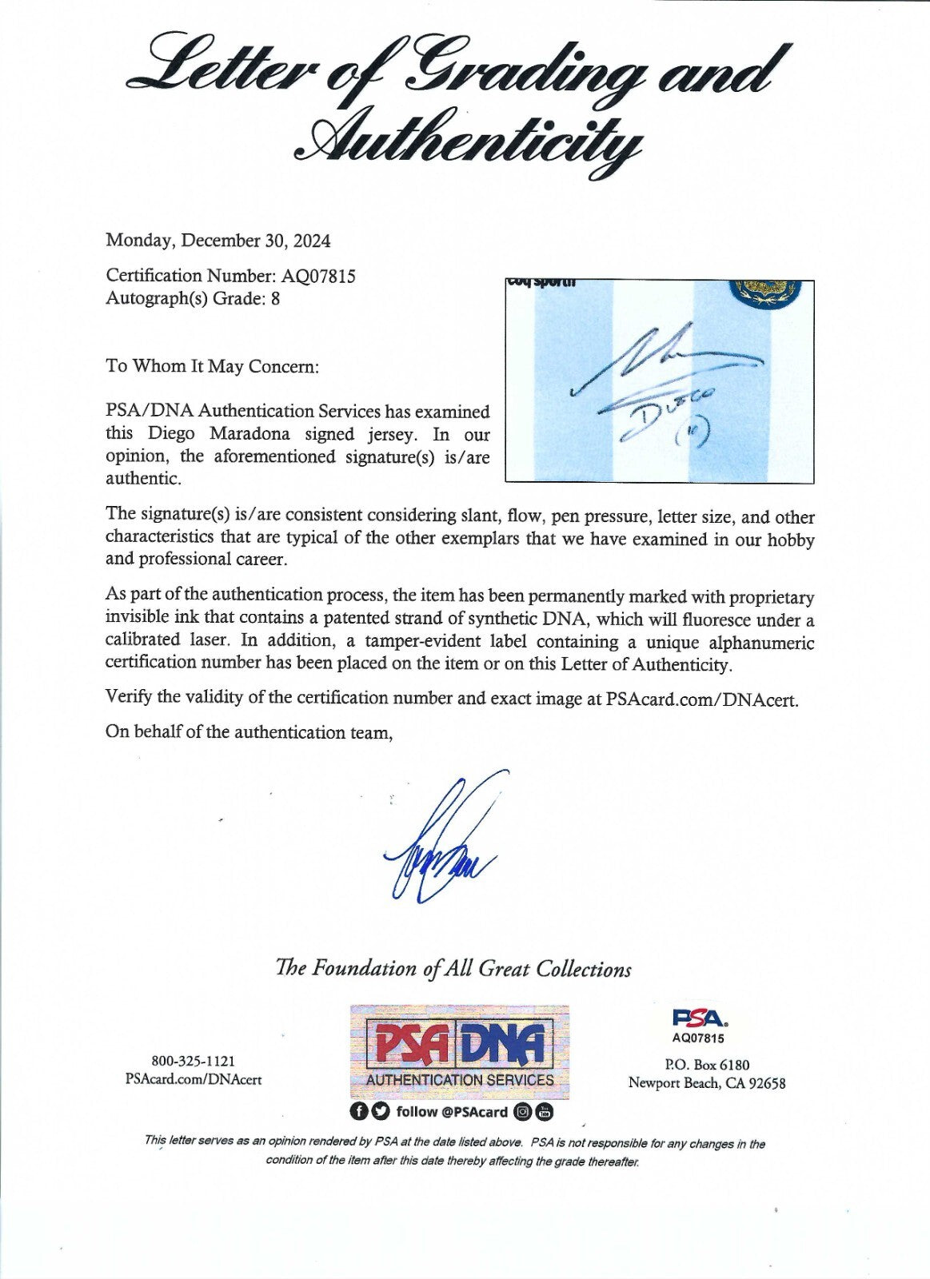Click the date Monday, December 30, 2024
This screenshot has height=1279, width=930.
click(x=218, y=241)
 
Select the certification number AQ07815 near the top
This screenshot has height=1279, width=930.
click(x=317, y=276)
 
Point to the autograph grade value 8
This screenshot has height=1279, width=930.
click(x=275, y=298)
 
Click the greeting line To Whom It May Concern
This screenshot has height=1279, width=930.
click(x=212, y=367)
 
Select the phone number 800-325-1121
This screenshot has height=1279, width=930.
click(x=193, y=1061)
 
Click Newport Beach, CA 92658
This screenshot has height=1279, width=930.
click(x=707, y=1083)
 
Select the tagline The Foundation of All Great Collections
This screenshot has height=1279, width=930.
click(x=453, y=969)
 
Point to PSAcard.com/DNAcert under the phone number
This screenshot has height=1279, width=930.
click(x=194, y=1079)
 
